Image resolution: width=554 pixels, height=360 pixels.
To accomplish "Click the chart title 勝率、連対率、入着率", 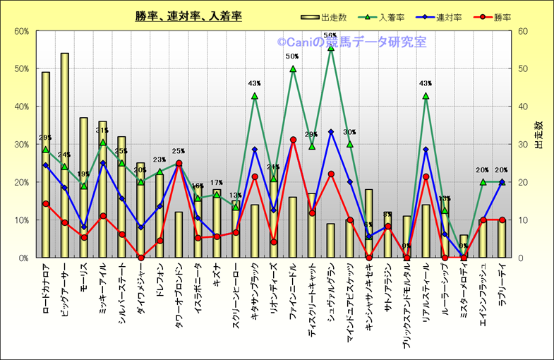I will click(188, 16).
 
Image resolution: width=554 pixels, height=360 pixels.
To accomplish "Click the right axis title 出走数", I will click(538, 134).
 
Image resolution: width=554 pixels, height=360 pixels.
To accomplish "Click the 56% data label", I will click(330, 35).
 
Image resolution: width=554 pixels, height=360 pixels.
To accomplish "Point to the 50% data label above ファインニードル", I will click(292, 56).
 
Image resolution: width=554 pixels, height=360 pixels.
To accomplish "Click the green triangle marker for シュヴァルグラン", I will click(331, 47).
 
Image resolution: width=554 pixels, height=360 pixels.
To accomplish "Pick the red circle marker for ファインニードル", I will click(293, 140).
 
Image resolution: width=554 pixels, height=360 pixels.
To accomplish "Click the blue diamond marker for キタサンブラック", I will click(255, 150).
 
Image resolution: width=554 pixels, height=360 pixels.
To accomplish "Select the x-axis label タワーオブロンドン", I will click(179, 295).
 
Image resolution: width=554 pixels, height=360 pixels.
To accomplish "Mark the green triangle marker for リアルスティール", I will click(426, 96).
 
